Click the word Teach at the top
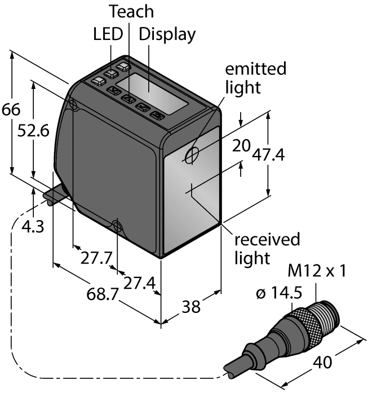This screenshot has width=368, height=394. tap(131, 11)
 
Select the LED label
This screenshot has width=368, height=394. tap(107, 34)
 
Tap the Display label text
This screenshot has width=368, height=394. tap(167, 34)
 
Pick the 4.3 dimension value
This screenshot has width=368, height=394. tap(30, 227)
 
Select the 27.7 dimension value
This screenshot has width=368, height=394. tap(96, 258)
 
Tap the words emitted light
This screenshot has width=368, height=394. tap(255, 78)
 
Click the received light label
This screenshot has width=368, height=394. tap(267, 249)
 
